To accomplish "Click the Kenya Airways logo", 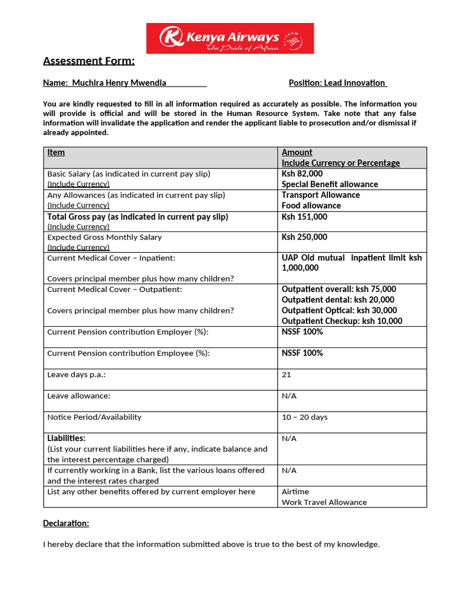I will click(x=230, y=38).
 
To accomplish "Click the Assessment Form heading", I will click(x=89, y=61).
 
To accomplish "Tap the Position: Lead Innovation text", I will click(x=337, y=83).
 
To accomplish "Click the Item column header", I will click(x=56, y=153).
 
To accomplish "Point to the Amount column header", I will click(x=297, y=153).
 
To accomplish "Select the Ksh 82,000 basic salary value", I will click(x=302, y=174).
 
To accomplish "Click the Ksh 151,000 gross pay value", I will click(x=304, y=217).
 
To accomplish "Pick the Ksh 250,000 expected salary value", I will click(x=304, y=237).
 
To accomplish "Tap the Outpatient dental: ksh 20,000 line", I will click(x=338, y=300).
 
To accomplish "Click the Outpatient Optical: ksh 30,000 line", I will click(x=339, y=310).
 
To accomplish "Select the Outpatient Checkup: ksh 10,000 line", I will click(x=342, y=321).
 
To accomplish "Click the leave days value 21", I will click(x=286, y=375).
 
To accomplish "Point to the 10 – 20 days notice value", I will click(x=304, y=417).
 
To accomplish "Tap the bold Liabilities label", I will click(x=66, y=438).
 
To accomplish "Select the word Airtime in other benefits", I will click(x=295, y=492).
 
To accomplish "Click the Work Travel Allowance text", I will click(x=324, y=502).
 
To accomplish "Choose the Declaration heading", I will click(x=66, y=523).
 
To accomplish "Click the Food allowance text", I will click(x=311, y=206).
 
